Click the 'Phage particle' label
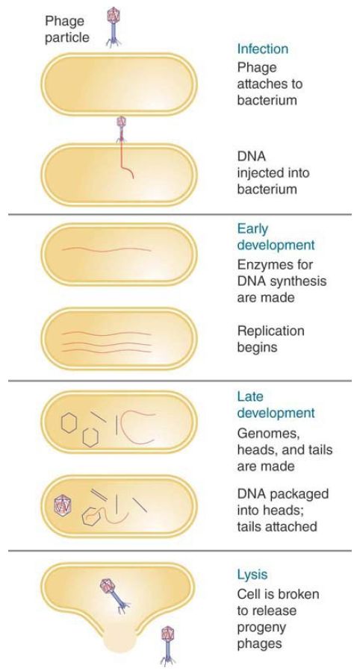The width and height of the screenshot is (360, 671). tap(67, 28)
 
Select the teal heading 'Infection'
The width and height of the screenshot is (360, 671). tap(263, 49)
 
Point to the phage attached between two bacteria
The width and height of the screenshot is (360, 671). tap(122, 128)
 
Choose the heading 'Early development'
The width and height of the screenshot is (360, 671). tap(276, 237)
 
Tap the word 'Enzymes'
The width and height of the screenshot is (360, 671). tap(263, 265)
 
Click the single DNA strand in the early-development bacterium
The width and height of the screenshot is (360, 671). tap(107, 249)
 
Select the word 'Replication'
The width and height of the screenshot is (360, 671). tap(271, 331)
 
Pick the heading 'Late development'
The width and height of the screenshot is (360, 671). tap(276, 405)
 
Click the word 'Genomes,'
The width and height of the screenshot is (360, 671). tap(267, 434)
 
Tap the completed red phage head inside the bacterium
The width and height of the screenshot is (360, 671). tap(63, 505)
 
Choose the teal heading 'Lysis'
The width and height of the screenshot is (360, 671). tap(252, 574)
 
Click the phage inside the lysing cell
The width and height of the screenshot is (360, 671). tap(114, 596)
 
